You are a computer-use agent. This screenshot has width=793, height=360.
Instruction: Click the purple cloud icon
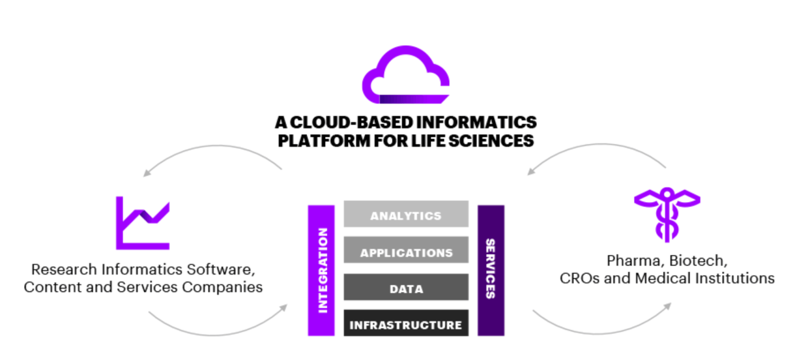pos(405,77)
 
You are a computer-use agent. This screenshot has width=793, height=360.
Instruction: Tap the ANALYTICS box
pos(406,215)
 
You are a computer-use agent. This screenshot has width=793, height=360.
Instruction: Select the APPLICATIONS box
pos(406,251)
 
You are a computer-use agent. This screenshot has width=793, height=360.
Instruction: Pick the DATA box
pos(406,288)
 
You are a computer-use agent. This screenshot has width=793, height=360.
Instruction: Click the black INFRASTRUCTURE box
pos(406,324)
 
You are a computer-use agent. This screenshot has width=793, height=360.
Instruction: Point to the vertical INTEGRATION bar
pos(321,270)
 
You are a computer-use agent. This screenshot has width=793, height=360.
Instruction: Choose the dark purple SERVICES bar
pos(491,270)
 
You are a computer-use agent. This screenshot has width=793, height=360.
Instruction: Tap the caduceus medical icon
pos(667,214)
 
